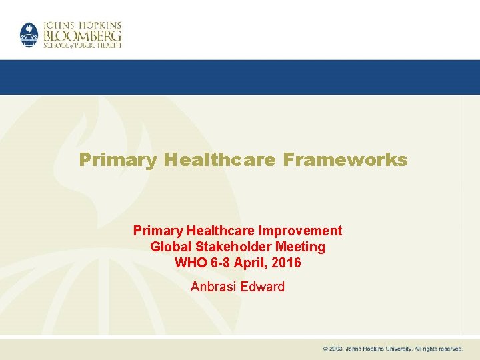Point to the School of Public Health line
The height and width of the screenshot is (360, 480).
tap(82, 45)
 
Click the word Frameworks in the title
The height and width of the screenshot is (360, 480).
tap(345, 160)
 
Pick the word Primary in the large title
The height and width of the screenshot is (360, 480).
tap(117, 160)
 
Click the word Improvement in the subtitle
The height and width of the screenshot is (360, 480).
tap(301, 231)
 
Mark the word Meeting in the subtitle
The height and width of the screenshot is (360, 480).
tap(301, 247)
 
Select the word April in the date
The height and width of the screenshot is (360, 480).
tap(253, 263)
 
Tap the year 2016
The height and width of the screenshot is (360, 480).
tap(287, 263)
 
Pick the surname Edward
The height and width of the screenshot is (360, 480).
tap(264, 287)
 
